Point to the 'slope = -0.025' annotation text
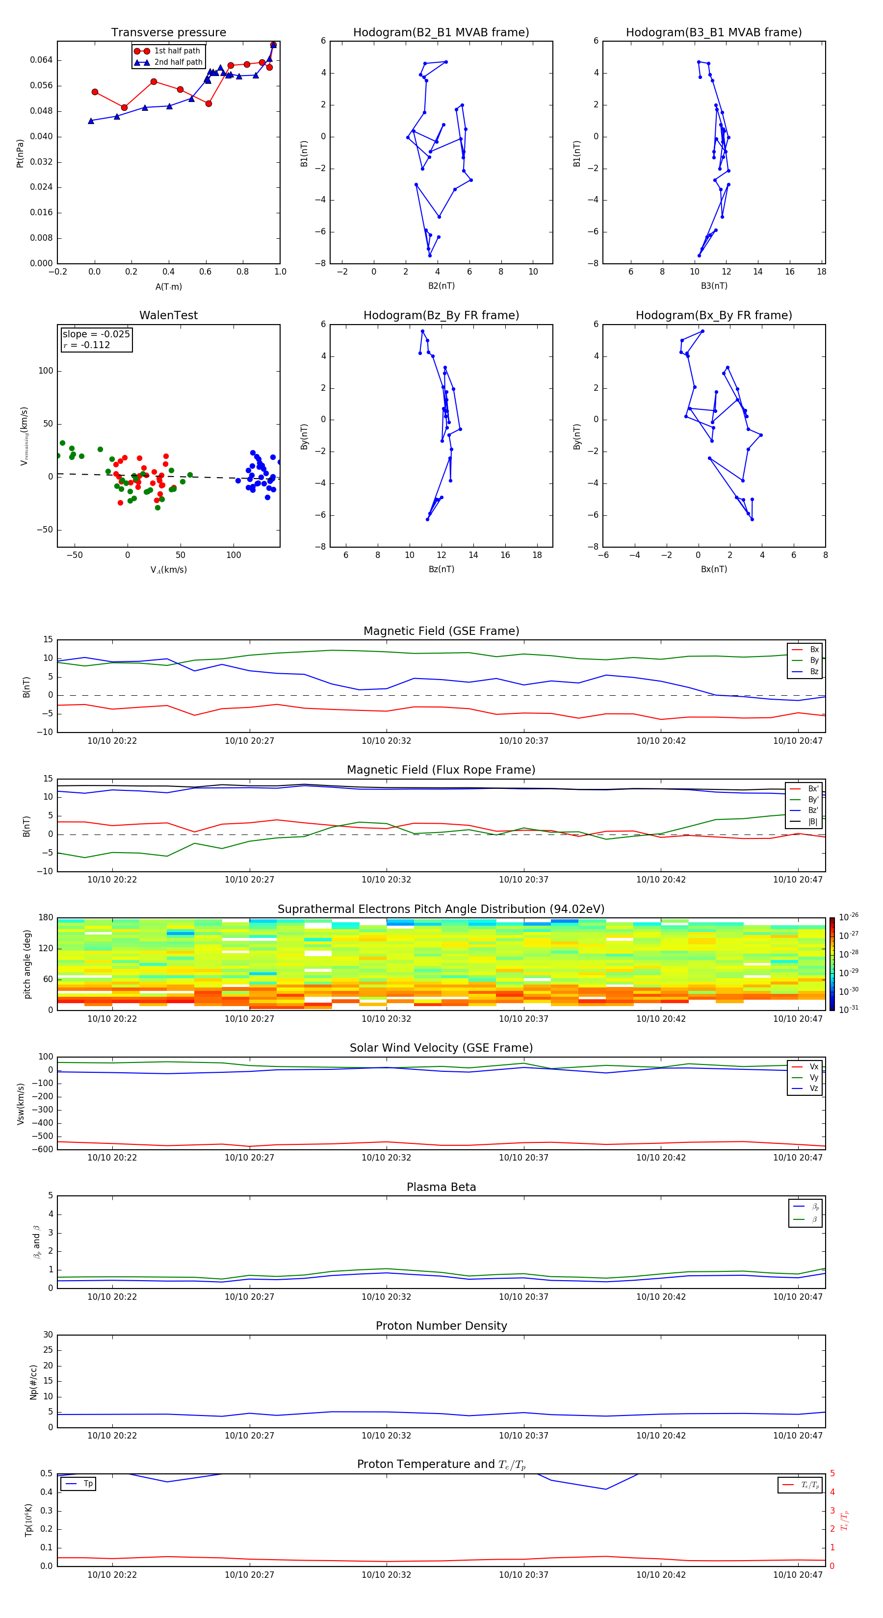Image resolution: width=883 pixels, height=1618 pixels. pyautogui.click(x=96, y=334)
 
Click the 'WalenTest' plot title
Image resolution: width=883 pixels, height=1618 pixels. pyautogui.click(x=168, y=315)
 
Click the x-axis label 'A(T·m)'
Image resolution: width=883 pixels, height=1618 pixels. pyautogui.click(x=168, y=286)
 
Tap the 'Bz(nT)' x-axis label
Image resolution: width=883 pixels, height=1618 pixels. pyautogui.click(x=441, y=569)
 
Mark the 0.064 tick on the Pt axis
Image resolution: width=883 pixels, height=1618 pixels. pyautogui.click(x=42, y=60)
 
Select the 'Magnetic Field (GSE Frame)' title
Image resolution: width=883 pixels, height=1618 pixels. pyautogui.click(x=441, y=631)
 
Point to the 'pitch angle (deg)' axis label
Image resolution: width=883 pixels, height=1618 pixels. pyautogui.click(x=27, y=963)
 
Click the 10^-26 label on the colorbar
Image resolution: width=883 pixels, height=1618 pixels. pyautogui.click(x=849, y=917)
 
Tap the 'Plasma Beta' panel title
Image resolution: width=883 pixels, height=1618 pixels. pyautogui.click(x=441, y=1187)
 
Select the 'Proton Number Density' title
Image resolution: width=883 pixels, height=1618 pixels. pyautogui.click(x=441, y=1326)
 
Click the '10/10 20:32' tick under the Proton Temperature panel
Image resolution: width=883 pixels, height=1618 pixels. pyautogui.click(x=386, y=1575)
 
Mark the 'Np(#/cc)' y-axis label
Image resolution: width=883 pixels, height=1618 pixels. pyautogui.click(x=33, y=1382)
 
